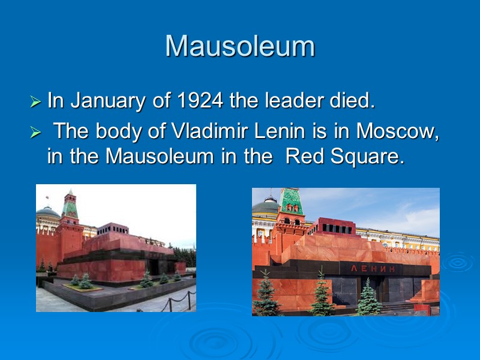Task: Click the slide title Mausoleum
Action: point(240,46)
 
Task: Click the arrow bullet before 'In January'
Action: point(37,103)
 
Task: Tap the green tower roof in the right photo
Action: point(291,201)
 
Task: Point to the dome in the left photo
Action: point(47,212)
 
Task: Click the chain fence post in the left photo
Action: point(169,304)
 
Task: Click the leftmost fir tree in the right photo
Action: point(266,297)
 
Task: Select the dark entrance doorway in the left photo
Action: point(154,267)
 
